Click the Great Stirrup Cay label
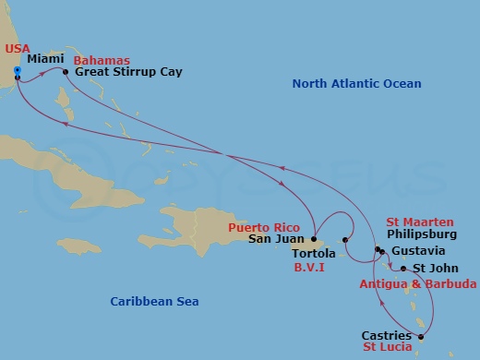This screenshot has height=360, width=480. coord(128,71)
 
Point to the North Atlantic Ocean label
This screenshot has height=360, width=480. coord(356,84)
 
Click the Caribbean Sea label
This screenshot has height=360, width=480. coord(154,301)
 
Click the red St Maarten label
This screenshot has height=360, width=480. coord(420,222)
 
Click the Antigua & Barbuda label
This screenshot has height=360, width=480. coord(418,282)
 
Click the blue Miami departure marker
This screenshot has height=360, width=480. coord(18,69)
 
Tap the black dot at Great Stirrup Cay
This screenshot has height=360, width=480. coord(65,71)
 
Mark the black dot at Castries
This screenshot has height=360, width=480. coord(421,337)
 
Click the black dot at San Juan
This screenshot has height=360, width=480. coord(314,239)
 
